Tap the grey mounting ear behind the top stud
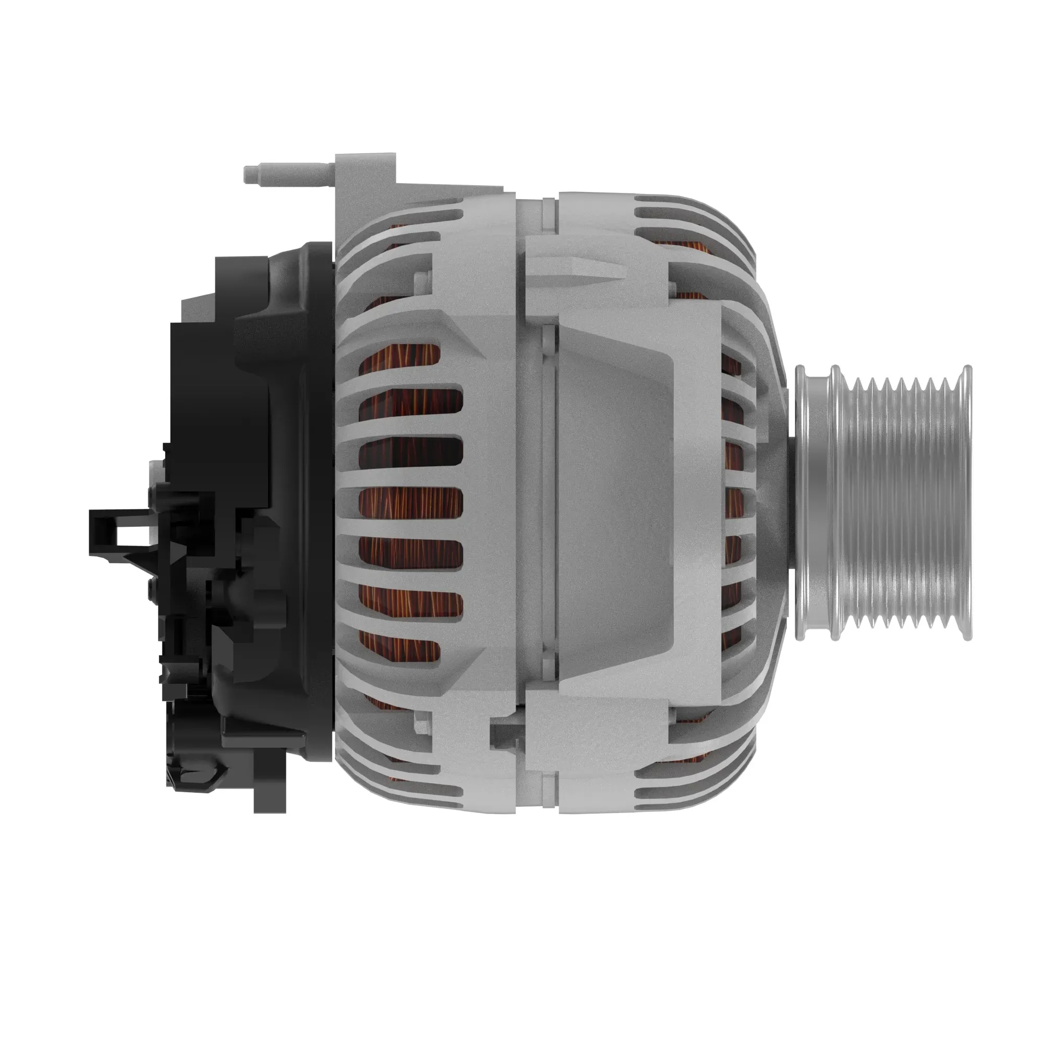tap(365, 178)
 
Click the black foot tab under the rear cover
tap(270, 794)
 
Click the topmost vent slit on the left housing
tap(432, 202)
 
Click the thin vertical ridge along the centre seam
tap(548, 502)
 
